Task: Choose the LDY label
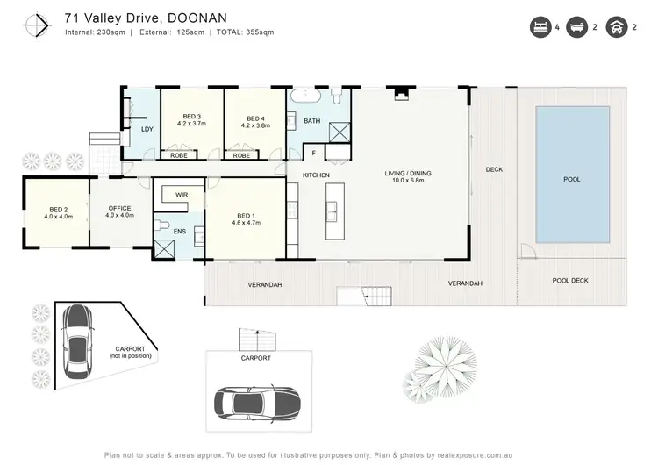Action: pyautogui.click(x=147, y=130)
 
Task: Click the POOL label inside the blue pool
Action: pyautogui.click(x=571, y=179)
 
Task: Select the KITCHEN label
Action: pyautogui.click(x=316, y=176)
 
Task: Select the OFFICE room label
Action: pyautogui.click(x=119, y=211)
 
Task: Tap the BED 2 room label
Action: pyautogui.click(x=58, y=211)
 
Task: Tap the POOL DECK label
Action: pyautogui.click(x=570, y=281)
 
